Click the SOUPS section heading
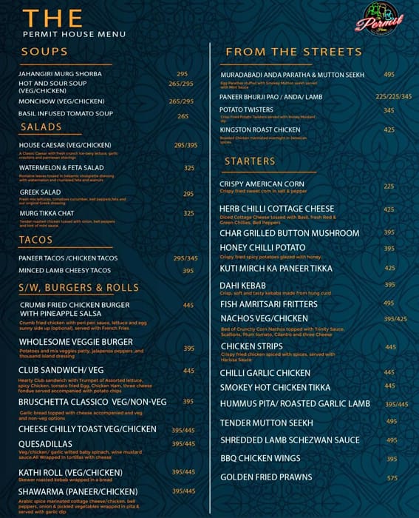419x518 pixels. click(44, 52)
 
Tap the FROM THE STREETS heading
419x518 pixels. click(293, 52)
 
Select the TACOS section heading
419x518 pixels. click(36, 240)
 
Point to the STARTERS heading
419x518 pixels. click(250, 161)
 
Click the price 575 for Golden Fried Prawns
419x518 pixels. click(392, 477)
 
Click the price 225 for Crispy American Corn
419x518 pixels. click(389, 186)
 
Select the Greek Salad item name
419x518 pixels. click(40, 192)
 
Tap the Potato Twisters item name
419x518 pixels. click(246, 110)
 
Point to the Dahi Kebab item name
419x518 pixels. click(244, 285)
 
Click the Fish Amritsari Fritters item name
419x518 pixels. click(268, 304)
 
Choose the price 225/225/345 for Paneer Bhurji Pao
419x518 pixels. click(393, 96)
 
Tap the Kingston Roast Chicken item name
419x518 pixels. click(259, 130)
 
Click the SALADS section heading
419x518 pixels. click(41, 127)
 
